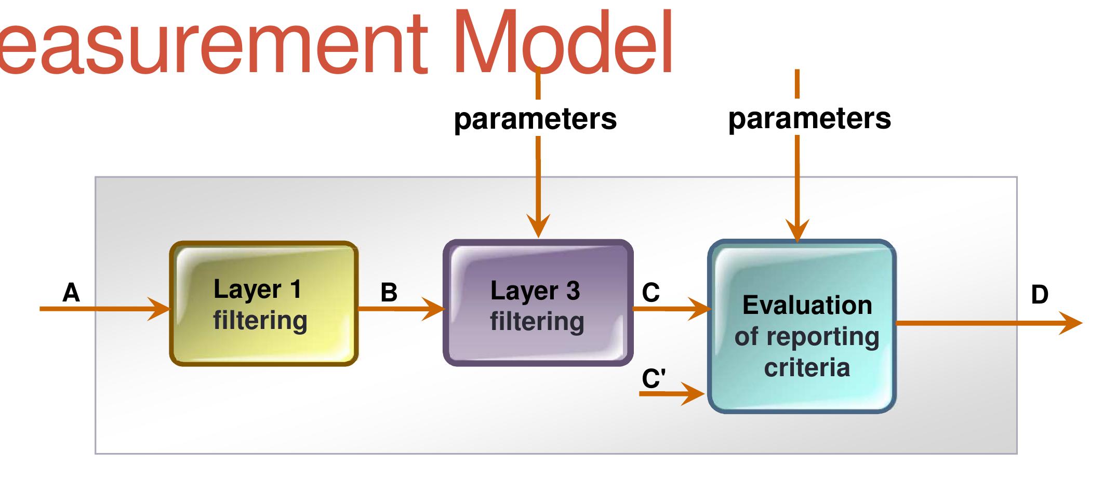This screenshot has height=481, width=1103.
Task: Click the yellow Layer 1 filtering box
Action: pyautogui.click(x=264, y=304)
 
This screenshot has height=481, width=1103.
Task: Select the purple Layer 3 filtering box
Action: pyautogui.click(x=538, y=303)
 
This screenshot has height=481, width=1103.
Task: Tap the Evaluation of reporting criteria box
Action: pyautogui.click(x=802, y=326)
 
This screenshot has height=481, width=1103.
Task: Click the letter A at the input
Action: pyautogui.click(x=71, y=293)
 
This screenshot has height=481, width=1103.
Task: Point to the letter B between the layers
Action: pyautogui.click(x=389, y=293)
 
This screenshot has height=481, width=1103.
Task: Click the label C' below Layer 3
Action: pyautogui.click(x=654, y=378)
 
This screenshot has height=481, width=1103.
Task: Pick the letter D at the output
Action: pyautogui.click(x=1039, y=295)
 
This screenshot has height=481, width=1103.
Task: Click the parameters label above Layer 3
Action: pyautogui.click(x=535, y=118)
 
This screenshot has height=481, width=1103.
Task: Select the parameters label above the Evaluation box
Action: pyautogui.click(x=809, y=118)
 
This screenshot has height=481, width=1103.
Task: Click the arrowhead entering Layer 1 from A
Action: pyautogui.click(x=160, y=309)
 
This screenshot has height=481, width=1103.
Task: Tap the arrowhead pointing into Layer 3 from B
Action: pyautogui.click(x=434, y=309)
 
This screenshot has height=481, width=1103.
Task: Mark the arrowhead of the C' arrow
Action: pyautogui.click(x=694, y=394)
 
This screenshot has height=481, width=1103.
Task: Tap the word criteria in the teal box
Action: pyautogui.click(x=807, y=367)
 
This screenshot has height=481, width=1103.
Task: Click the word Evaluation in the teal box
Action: pyautogui.click(x=807, y=305)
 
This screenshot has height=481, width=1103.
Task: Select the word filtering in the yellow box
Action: pyautogui.click(x=260, y=320)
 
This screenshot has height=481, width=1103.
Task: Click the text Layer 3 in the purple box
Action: pyautogui.click(x=535, y=291)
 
